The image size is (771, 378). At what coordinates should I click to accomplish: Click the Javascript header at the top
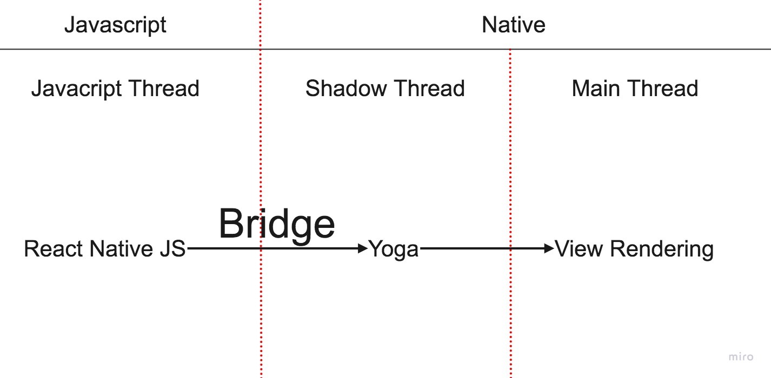click(x=115, y=25)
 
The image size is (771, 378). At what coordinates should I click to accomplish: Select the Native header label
click(x=513, y=25)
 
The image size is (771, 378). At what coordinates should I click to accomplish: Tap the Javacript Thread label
click(x=115, y=89)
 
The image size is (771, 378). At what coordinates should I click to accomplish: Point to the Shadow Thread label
click(x=385, y=89)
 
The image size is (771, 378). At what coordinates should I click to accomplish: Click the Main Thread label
click(x=635, y=89)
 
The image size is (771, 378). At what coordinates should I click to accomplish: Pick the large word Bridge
click(x=277, y=224)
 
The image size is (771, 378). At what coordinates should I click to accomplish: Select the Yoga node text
click(x=394, y=249)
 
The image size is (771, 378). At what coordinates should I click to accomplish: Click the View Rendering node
click(x=635, y=249)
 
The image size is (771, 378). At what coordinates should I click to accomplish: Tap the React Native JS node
click(x=105, y=249)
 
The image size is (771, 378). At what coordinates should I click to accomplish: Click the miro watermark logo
click(x=741, y=357)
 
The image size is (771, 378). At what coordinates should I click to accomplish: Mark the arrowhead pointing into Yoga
click(x=363, y=248)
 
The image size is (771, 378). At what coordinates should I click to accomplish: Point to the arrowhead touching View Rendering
click(x=550, y=248)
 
